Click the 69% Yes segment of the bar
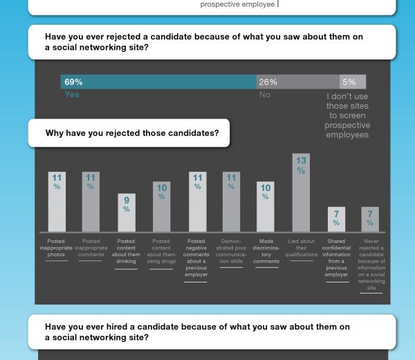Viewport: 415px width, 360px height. coord(158,82)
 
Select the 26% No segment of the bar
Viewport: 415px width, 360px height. coord(298,82)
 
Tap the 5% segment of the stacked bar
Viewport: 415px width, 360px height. coord(353,82)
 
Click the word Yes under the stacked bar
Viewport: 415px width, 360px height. coord(72,95)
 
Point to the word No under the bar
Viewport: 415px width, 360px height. coord(264,95)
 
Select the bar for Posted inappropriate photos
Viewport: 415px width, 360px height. coord(57,201)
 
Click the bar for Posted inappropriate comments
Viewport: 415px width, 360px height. coord(91,201)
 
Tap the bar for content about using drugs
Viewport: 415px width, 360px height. coord(161,207)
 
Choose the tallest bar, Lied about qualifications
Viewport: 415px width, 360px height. coord(300,193)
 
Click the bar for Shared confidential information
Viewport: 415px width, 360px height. coord(336,219)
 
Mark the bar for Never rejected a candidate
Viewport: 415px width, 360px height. coord(370,219)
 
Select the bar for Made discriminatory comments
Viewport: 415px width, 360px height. coord(265,207)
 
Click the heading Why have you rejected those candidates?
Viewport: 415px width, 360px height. coord(137,133)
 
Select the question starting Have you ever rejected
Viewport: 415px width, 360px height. coord(203,42)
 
